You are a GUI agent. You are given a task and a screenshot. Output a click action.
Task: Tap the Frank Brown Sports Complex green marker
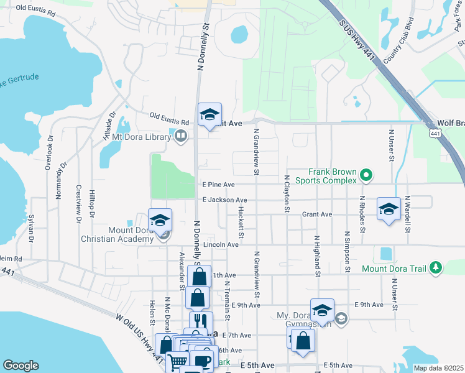pyautogui.click(x=366, y=177)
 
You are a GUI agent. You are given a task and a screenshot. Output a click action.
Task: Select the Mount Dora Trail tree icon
pyautogui.click(x=436, y=268)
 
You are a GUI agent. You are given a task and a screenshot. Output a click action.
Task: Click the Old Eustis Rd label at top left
pyautogui.click(x=35, y=8)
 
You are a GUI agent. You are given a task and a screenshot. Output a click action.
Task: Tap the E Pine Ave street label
pyautogui.click(x=218, y=185)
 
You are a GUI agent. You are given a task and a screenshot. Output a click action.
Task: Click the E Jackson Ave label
pyautogui.click(x=224, y=200)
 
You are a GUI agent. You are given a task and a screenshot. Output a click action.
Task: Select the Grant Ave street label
pyautogui.click(x=317, y=214)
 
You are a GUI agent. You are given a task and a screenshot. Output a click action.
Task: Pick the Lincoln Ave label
pyautogui.click(x=221, y=245)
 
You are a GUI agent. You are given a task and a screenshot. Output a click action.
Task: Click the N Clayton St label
pyautogui.click(x=287, y=193)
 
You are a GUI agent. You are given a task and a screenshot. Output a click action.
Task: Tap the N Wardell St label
pyautogui.click(x=407, y=214)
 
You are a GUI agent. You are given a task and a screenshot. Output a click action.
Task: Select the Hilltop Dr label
pyautogui.click(x=91, y=205)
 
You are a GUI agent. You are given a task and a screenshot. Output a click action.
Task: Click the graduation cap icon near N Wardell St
pyautogui.click(x=389, y=209)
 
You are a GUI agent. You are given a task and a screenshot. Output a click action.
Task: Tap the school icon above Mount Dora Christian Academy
pyautogui.click(x=160, y=220)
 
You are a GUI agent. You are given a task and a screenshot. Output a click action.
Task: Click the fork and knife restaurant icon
pyautogui.click(x=201, y=321)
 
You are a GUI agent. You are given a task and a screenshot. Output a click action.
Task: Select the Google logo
pyautogui.click(x=21, y=366)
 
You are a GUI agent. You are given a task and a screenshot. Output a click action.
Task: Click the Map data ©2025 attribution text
pyautogui.click(x=438, y=368)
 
